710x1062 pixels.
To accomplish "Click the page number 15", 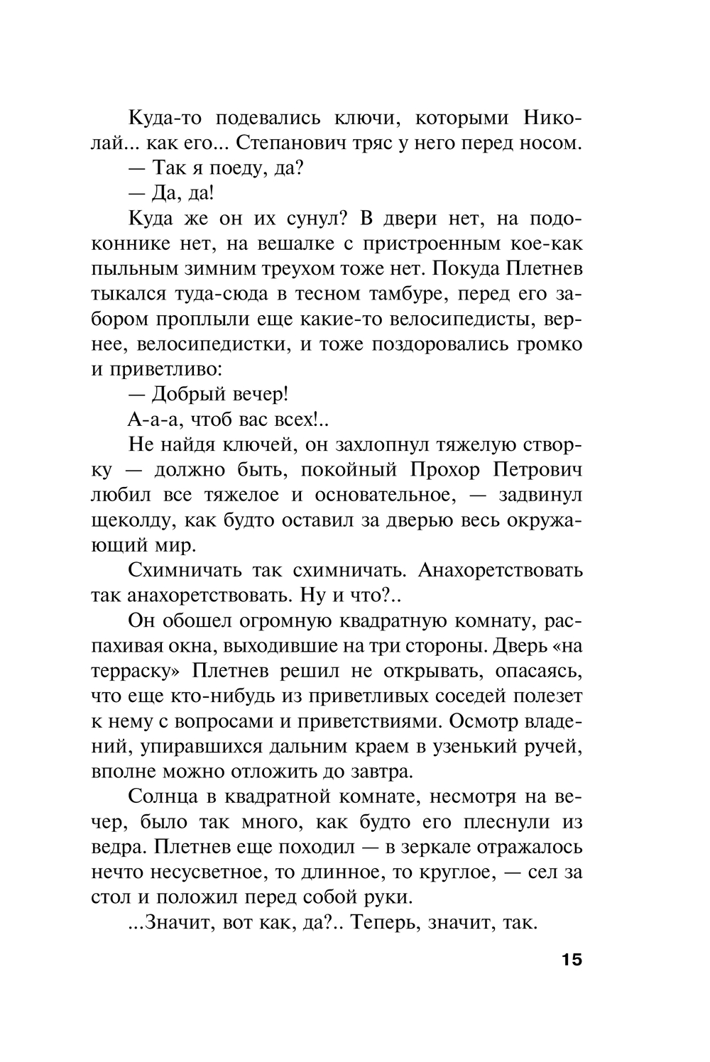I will click(571, 960).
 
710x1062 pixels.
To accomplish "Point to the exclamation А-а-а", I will click(152, 420).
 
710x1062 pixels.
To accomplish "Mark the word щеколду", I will click(133, 520).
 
